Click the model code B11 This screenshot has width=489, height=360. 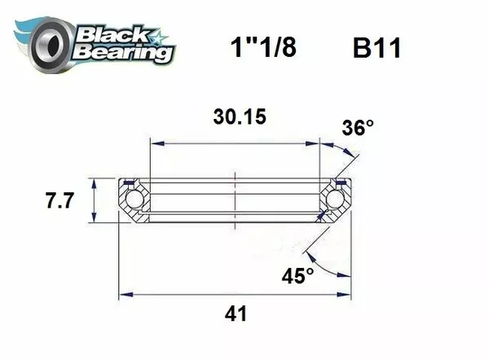pyautogui.click(x=376, y=47)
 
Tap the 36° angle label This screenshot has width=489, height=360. pyautogui.click(x=359, y=128)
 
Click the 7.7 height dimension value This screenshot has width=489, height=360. pyautogui.click(x=60, y=200)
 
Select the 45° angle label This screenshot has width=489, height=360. pyautogui.click(x=298, y=276)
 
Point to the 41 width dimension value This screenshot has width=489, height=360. pyautogui.click(x=236, y=313)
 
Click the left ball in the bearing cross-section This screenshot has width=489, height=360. pyautogui.click(x=133, y=199)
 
